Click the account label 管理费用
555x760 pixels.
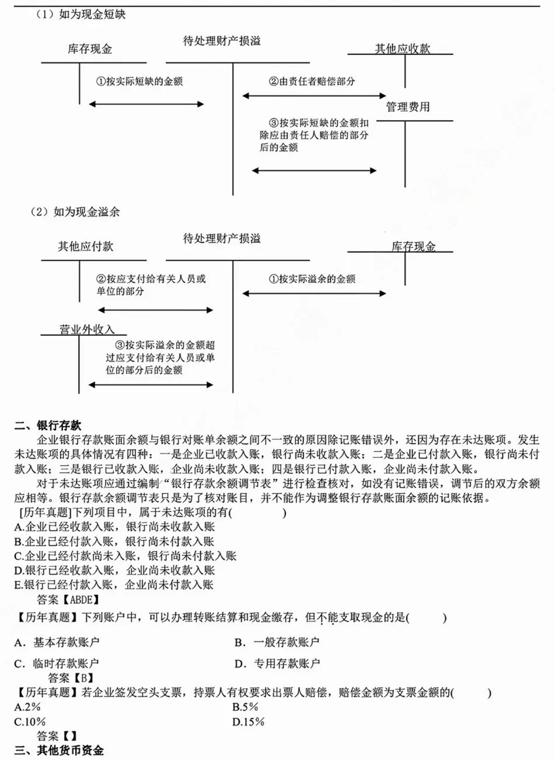(x=407, y=107)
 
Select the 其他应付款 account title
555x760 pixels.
(x=85, y=246)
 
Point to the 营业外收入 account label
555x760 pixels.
(x=87, y=330)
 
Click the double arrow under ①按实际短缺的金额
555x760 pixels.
(x=146, y=104)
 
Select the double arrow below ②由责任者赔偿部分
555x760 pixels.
(x=314, y=95)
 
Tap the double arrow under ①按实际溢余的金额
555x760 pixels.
(x=314, y=293)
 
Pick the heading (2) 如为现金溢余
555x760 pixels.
(x=75, y=212)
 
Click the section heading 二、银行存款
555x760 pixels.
(x=48, y=426)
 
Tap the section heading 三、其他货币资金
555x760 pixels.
(x=59, y=750)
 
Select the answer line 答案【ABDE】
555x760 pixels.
(x=68, y=599)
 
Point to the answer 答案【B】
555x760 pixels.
(x=71, y=678)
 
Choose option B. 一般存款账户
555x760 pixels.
(x=277, y=643)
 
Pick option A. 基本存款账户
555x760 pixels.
(x=57, y=643)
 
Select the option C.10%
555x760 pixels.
(x=30, y=722)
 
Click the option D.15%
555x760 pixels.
(x=248, y=722)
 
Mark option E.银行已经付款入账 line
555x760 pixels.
(x=114, y=585)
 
